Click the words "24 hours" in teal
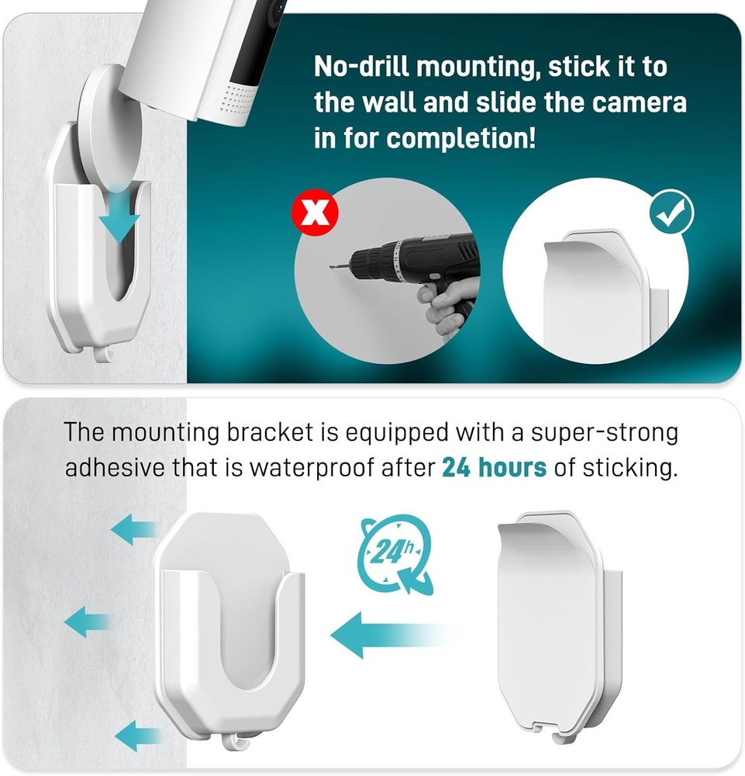(x=494, y=468)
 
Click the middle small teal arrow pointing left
(x=87, y=622)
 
